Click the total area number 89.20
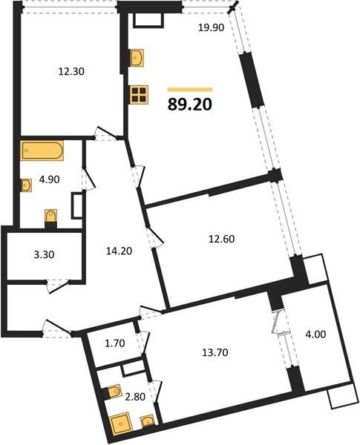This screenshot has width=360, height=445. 191,104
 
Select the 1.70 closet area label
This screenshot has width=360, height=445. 114,343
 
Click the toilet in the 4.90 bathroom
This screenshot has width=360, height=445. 50,216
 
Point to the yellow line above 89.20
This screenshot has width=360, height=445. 189,89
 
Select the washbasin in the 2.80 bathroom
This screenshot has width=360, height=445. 148,423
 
